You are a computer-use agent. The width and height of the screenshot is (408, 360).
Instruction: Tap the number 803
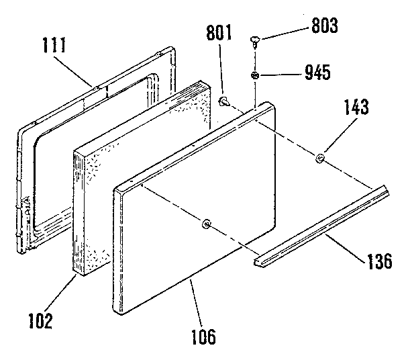pyautogui.click(x=325, y=27)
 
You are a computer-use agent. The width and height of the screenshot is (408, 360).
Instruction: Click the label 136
pyautogui.click(x=378, y=261)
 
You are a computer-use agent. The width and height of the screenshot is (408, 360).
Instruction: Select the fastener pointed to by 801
pyautogui.click(x=225, y=101)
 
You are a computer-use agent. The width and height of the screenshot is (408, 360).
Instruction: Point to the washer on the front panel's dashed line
pyautogui.click(x=206, y=223)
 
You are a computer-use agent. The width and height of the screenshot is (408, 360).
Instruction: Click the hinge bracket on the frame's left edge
pyautogui.click(x=25, y=204)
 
